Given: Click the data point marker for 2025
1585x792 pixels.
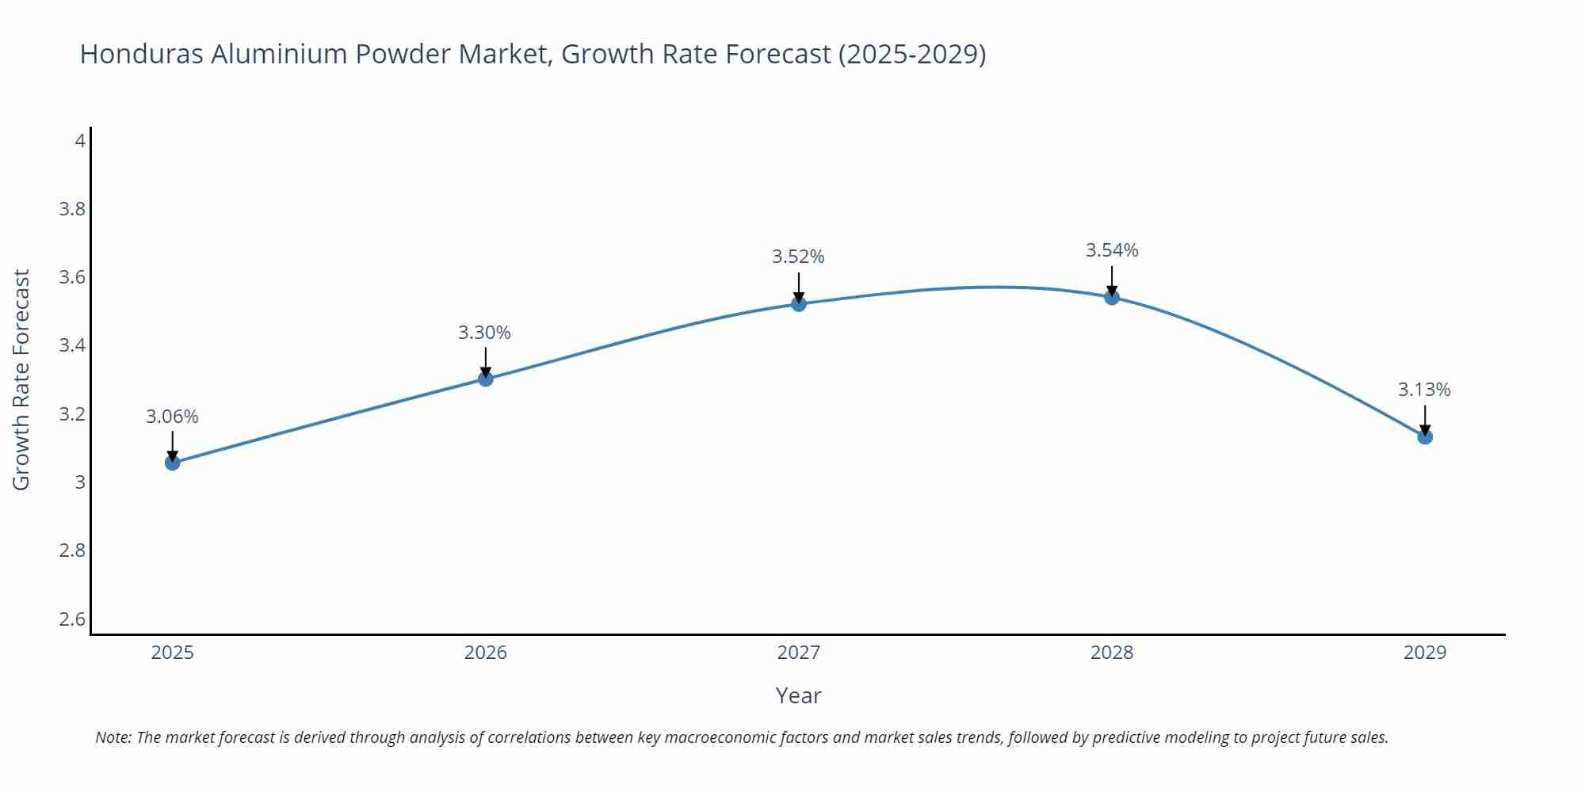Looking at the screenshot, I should point(172,463).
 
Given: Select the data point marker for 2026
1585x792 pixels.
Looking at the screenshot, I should point(486,379).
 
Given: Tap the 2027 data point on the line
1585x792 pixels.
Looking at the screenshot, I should point(799,303).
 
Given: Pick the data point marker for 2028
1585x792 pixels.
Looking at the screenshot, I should point(1112,297).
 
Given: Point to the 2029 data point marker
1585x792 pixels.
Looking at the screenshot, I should point(1425,436).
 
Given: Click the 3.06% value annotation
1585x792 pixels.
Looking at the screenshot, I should point(172,417).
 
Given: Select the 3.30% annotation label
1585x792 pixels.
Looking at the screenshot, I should point(484,333).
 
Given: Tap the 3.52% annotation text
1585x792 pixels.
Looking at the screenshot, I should point(798,257).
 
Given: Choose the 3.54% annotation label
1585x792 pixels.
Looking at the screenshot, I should point(1112,250).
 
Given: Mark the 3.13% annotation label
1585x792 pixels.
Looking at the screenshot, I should point(1424,390).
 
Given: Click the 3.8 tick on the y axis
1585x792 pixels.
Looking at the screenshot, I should point(72,209).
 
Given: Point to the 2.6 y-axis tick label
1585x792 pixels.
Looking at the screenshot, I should point(72,619).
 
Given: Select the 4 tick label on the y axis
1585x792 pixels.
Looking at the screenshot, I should point(80,141).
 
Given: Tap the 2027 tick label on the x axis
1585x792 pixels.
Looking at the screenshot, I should point(798,653).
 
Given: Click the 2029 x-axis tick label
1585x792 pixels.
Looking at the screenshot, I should point(1424,653).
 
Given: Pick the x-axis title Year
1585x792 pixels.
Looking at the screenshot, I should point(798,695).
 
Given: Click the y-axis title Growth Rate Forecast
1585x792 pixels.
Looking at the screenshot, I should point(21,379).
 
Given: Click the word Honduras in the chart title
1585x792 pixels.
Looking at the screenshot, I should point(142,54).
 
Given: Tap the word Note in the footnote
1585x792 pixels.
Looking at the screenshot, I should point(113,737).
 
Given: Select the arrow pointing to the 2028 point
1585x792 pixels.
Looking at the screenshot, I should point(1112,280).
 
